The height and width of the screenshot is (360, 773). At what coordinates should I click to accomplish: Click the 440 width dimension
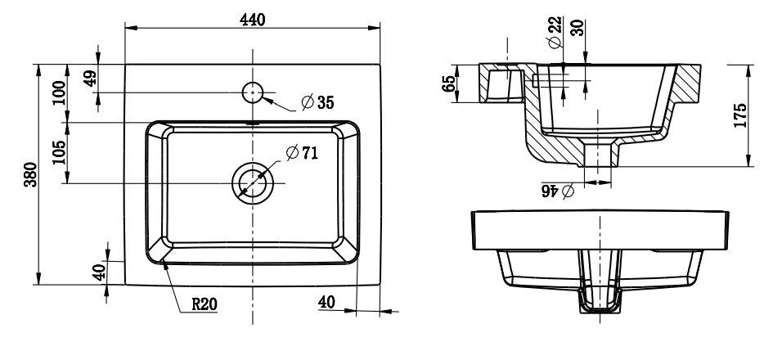pos(253,20)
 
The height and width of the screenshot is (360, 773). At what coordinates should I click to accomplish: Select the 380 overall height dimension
pos(30,174)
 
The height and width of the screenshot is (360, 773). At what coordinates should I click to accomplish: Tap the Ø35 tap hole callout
pos(317,103)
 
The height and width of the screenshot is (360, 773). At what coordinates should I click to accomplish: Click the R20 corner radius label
pos(204,304)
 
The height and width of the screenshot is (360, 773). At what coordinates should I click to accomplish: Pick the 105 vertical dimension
pos(58,151)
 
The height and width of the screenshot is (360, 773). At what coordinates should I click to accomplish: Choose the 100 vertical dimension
pos(58,92)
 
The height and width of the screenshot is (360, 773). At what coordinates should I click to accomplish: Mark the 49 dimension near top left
pos(89,78)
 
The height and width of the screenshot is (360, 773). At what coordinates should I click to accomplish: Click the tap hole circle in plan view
pos(254,92)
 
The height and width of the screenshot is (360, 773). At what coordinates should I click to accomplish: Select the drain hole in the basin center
pos(254,182)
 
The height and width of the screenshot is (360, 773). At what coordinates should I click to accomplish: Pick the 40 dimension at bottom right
pos(326,302)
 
